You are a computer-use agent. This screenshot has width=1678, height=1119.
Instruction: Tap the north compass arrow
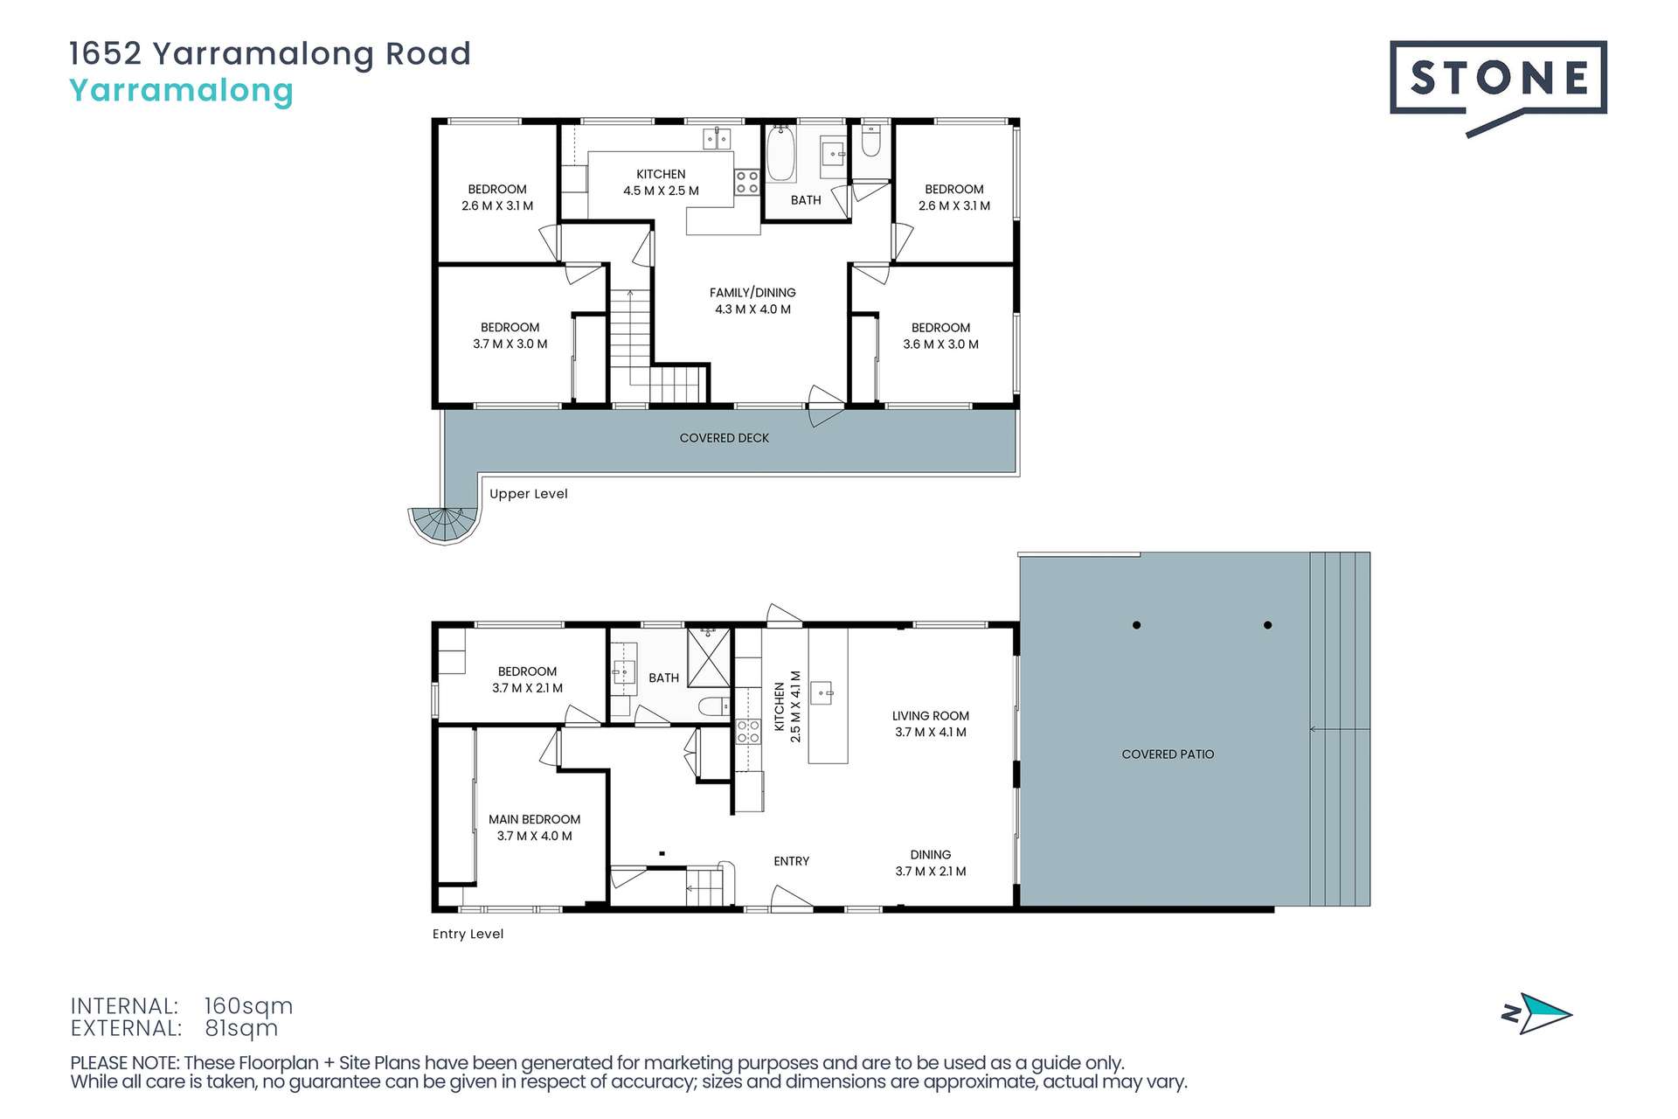click(1537, 1014)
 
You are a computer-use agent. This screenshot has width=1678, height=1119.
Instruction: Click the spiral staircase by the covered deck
click(446, 523)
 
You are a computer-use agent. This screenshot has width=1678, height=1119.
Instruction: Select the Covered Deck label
click(724, 438)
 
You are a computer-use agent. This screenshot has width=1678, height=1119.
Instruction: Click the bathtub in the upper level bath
click(780, 156)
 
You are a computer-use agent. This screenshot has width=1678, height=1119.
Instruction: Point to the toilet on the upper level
click(870, 142)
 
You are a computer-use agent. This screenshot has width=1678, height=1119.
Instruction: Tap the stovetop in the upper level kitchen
click(746, 182)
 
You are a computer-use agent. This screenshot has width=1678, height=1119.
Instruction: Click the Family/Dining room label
click(752, 301)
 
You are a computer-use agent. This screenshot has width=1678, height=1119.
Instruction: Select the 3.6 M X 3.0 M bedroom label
click(940, 336)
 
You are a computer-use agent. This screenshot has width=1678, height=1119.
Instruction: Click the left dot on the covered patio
click(1136, 625)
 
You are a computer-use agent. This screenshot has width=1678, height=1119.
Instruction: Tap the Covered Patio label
click(1168, 754)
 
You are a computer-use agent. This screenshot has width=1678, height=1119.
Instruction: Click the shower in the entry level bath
click(709, 657)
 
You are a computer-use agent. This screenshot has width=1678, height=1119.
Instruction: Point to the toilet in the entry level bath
click(715, 706)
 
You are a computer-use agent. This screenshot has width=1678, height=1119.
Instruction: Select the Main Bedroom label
click(534, 827)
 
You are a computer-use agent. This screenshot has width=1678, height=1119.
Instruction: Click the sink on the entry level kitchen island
click(823, 694)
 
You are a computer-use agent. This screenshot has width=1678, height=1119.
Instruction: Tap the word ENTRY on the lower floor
click(791, 862)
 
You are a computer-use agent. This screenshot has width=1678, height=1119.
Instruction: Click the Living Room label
click(930, 724)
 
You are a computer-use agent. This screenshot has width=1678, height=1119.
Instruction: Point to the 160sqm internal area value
click(248, 1006)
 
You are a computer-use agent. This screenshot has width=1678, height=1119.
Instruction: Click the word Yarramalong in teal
click(181, 91)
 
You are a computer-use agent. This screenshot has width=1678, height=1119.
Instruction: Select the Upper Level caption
click(528, 494)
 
